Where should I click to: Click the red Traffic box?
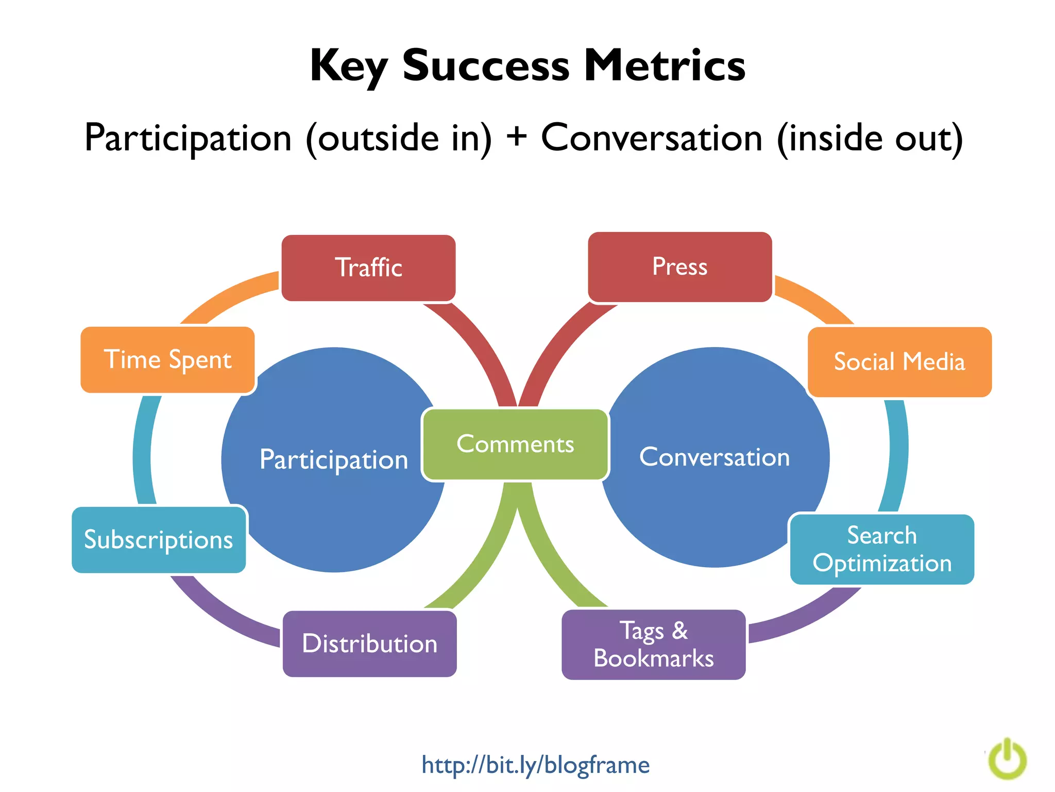pos(368,268)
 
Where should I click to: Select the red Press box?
pos(679,267)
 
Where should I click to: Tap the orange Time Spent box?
pos(167,359)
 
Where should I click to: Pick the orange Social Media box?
pos(899,361)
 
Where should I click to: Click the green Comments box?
pos(515,444)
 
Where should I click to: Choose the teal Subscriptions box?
pos(159,540)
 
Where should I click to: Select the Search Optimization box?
pos(881,549)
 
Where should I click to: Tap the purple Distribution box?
pos(369,643)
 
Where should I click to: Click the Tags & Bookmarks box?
pos(653,645)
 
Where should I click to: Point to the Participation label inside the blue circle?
pos(334,459)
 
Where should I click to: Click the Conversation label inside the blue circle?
pos(714,457)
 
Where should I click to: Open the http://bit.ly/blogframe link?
pos(535,765)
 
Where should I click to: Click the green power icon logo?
pos(1008,760)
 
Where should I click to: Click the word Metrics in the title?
pos(665,65)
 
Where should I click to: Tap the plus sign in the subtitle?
pos(516,138)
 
